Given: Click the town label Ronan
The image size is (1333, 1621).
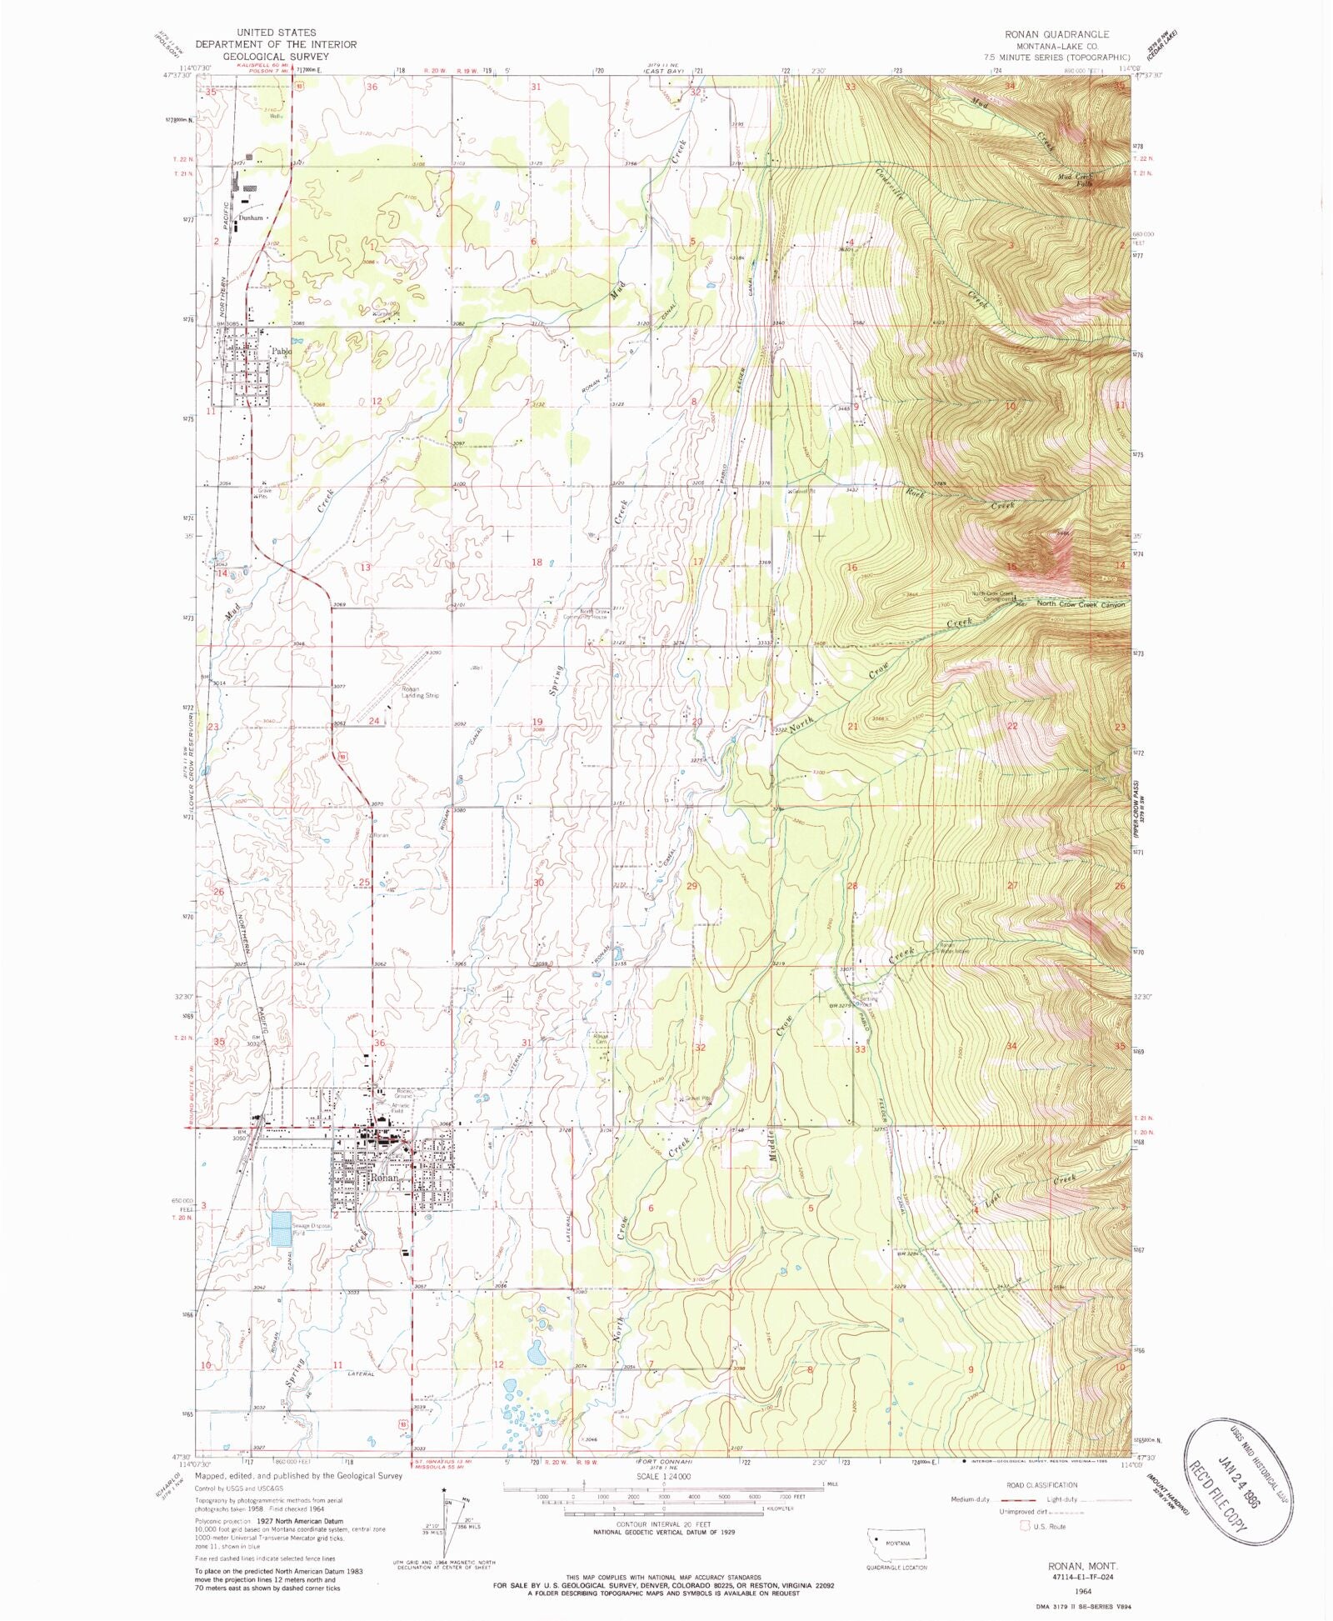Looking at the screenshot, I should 384,1178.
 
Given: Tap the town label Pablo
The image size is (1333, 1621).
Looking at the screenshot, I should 282,352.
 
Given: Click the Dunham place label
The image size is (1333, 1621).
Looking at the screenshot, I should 251,218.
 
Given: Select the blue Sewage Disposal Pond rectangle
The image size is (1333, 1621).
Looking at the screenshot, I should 286,1228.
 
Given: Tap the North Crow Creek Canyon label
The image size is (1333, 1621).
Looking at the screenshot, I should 1081,604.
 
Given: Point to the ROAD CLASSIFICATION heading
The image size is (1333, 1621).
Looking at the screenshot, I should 1041,1484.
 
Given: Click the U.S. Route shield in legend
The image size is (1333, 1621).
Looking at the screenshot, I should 1024,1526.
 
